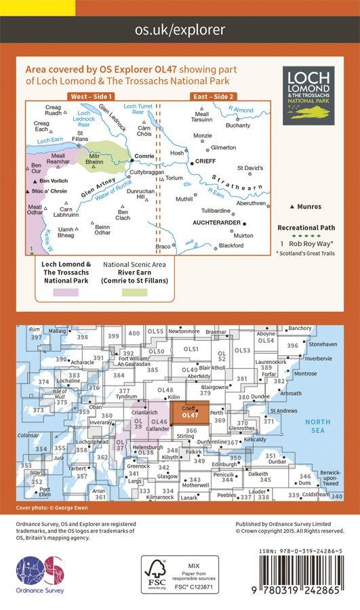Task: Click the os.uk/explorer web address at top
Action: tap(180, 30)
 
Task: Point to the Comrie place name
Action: tap(145, 156)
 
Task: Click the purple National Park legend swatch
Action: tap(65, 292)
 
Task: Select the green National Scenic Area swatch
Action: tap(134, 292)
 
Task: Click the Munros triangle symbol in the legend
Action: tap(292, 206)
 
